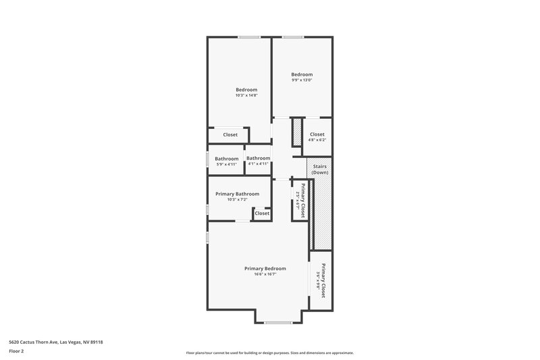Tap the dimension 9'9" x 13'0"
tap(302, 80)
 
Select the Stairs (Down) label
tap(320, 169)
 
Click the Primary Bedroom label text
tap(265, 268)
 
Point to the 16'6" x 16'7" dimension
tap(265, 274)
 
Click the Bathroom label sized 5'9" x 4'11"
tap(226, 159)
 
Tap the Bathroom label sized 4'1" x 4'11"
tap(258, 158)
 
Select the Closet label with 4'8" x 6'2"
tap(317, 134)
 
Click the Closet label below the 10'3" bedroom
tap(230, 134)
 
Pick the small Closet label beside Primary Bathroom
tap(262, 213)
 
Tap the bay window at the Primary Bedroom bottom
tap(278, 323)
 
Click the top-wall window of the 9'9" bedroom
tap(292, 37)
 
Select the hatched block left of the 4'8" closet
tap(296, 131)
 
